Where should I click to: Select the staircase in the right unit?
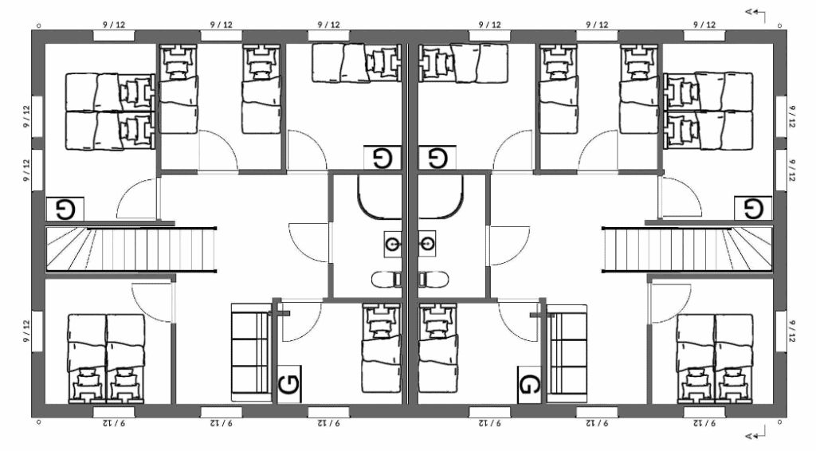click(x=687, y=249)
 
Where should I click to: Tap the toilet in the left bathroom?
click(x=386, y=280)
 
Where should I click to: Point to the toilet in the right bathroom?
click(x=433, y=280)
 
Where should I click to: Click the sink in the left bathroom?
click(x=393, y=244)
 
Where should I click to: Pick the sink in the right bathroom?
click(x=427, y=244)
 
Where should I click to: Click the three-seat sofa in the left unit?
click(x=250, y=353)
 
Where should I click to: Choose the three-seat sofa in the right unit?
click(x=567, y=353)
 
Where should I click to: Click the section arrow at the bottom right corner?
click(x=755, y=433)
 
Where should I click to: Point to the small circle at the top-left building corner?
click(x=38, y=25)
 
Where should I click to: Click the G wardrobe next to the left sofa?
click(x=289, y=384)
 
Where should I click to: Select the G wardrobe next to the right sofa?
click(x=529, y=384)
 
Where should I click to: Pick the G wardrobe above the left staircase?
click(x=65, y=209)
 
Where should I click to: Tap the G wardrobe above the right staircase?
click(x=753, y=209)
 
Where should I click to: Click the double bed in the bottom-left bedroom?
click(x=107, y=359)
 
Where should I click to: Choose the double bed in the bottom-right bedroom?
click(x=715, y=359)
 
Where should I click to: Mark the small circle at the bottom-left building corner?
click(x=38, y=422)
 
